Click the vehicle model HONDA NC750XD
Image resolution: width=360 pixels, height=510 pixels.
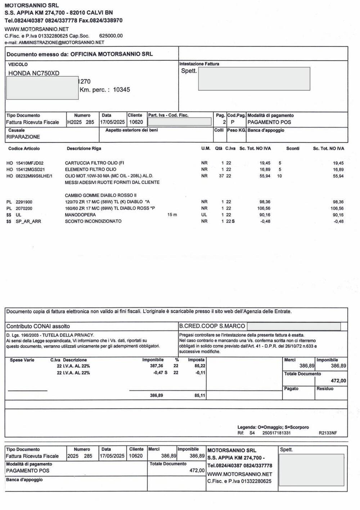point(34,73)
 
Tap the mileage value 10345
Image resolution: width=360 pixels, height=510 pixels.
point(121,90)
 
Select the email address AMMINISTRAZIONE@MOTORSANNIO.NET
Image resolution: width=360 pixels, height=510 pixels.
point(61,42)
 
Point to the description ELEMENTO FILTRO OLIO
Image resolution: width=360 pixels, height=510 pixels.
point(90,169)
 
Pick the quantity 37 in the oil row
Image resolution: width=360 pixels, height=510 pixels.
point(221,176)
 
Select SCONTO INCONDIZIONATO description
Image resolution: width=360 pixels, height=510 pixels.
point(93,222)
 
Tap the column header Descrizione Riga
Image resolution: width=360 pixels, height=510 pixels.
point(84,148)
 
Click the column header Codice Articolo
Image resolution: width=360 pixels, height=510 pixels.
point(24,148)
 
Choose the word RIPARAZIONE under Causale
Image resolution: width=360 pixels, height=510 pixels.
point(23,137)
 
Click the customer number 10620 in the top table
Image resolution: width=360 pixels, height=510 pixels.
point(136,122)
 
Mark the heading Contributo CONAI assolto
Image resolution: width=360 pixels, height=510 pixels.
point(38,326)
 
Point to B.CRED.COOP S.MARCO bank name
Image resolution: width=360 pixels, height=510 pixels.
point(212,326)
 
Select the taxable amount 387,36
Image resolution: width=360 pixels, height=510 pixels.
point(156,366)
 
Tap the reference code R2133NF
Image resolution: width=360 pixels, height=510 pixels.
point(328,433)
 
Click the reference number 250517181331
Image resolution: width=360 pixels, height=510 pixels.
point(276,433)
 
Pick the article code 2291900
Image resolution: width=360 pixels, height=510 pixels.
point(24,202)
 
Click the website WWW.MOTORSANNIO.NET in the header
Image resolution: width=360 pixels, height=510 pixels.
point(37,29)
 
